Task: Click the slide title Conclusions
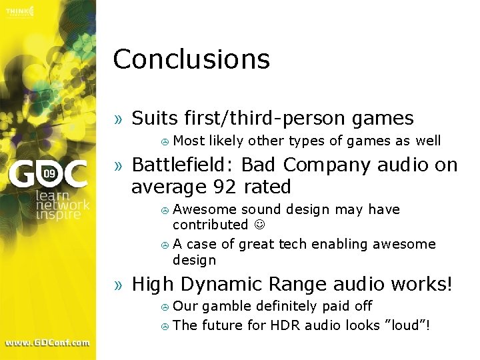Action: [191, 59]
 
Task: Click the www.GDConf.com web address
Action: [47, 343]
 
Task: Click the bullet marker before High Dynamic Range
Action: [119, 285]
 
